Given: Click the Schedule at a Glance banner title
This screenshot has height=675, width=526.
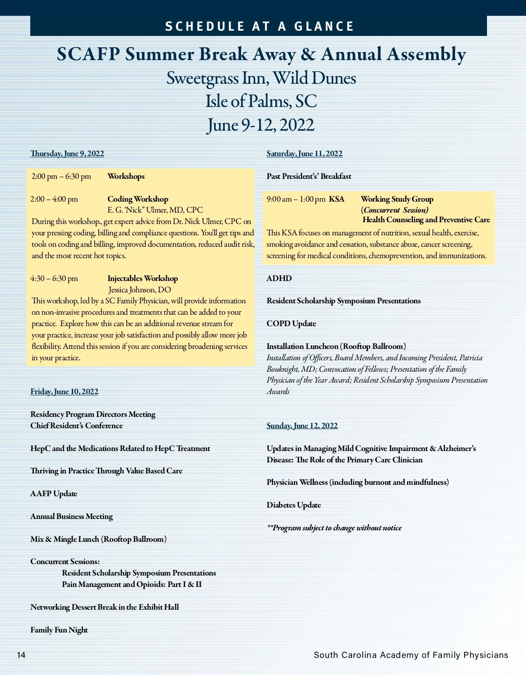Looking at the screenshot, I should click(259, 26).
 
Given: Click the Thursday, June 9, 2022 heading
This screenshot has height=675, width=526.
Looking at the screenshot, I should click(67, 153).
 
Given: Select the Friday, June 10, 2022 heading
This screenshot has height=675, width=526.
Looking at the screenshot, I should click(64, 391).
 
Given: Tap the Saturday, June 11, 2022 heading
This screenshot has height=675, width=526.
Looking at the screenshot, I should click(305, 153).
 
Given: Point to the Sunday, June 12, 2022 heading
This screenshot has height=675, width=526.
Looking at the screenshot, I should click(302, 426).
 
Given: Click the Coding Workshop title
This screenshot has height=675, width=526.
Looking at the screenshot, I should click(138, 199).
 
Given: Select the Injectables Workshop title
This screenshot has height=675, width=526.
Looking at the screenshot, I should click(142, 278).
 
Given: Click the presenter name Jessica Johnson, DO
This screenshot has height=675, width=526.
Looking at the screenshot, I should click(139, 290).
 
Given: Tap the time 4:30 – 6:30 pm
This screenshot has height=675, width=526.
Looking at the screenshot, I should click(54, 278).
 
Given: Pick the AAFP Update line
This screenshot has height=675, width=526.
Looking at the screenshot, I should click(53, 494).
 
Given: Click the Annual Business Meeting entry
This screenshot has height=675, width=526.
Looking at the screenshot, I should click(71, 516).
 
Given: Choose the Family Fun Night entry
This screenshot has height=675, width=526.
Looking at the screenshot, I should click(59, 630).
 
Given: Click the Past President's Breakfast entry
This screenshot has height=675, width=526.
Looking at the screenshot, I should click(309, 176).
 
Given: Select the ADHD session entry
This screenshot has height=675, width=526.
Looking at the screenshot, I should click(279, 278).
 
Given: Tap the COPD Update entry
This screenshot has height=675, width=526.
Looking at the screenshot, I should click(291, 323).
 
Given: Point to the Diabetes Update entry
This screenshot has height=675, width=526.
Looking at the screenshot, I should click(294, 505).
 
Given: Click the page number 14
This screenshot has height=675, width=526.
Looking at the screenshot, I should click(21, 655).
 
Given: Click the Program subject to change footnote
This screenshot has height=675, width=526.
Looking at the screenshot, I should click(334, 528).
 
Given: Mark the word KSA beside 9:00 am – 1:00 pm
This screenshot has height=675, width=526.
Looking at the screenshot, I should click(337, 199).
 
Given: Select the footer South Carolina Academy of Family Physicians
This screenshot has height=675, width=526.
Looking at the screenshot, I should click(411, 655).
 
